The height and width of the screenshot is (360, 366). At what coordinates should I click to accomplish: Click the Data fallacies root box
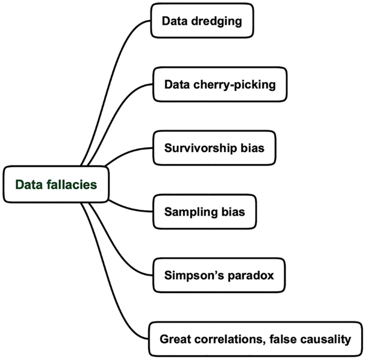[56, 185]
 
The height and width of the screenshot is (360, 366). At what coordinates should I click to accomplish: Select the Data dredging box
[202, 21]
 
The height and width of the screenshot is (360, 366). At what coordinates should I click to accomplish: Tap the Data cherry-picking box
[220, 84]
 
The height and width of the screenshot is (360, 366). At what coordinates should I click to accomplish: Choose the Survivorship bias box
[214, 148]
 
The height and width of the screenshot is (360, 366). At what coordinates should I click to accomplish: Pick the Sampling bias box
[205, 212]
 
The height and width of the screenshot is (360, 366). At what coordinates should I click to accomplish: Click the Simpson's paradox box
[219, 275]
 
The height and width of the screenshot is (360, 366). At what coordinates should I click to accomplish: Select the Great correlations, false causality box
[255, 339]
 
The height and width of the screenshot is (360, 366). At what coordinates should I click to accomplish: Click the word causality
[326, 339]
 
